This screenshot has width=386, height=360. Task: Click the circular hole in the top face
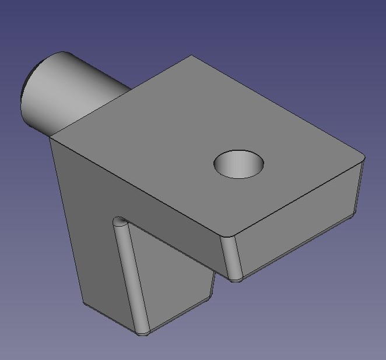(x=238, y=164)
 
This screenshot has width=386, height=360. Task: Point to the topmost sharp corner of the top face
(x=191, y=56)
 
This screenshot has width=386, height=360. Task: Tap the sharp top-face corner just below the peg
(x=50, y=137)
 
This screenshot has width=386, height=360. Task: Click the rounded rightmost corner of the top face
(x=362, y=157)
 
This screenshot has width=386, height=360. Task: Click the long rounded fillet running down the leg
(x=131, y=274)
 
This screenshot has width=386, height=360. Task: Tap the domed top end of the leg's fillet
(x=120, y=221)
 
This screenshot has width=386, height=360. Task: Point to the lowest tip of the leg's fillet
(x=142, y=334)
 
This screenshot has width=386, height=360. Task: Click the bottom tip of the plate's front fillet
(x=235, y=280)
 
